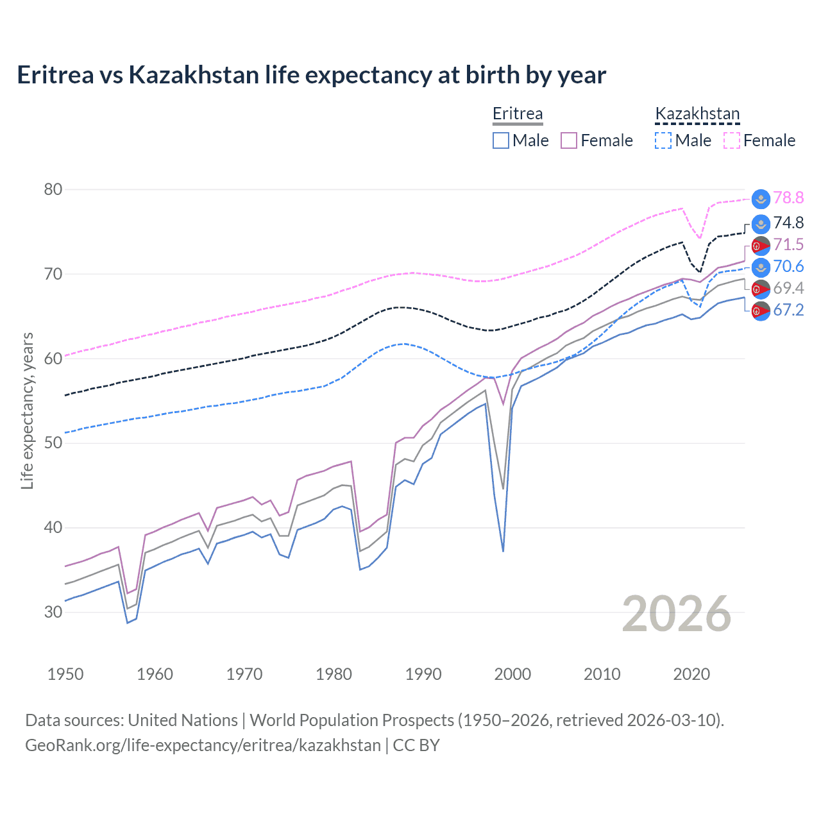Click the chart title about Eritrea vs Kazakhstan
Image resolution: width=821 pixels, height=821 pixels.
click(311, 75)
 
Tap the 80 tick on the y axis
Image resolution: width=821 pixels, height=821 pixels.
click(53, 189)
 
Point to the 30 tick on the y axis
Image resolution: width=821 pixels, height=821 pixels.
click(53, 612)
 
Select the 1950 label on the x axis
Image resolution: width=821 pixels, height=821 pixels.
click(65, 674)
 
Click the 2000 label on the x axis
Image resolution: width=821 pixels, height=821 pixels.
click(512, 674)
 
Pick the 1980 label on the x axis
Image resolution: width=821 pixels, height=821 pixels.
click(334, 674)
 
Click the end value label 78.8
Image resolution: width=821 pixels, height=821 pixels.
click(788, 198)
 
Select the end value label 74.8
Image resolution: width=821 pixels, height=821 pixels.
click(788, 223)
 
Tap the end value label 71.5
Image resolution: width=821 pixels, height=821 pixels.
click(788, 244)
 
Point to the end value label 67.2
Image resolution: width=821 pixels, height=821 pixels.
click(788, 310)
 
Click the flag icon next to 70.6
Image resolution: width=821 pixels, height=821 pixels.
click(761, 267)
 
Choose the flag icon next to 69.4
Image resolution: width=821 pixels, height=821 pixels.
click(761, 289)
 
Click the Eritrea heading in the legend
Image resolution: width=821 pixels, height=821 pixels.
click(518, 114)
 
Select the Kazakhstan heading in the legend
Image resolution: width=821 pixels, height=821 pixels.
click(697, 114)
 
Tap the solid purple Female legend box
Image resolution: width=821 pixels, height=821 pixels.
click(569, 140)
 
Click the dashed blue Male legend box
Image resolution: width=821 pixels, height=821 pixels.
click(663, 140)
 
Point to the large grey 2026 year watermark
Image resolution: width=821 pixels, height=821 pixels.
click(677, 614)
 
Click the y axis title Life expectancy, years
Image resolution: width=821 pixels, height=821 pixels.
click(27, 410)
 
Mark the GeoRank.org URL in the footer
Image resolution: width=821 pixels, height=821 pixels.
click(203, 745)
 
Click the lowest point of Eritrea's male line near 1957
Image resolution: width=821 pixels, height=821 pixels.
click(127, 623)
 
